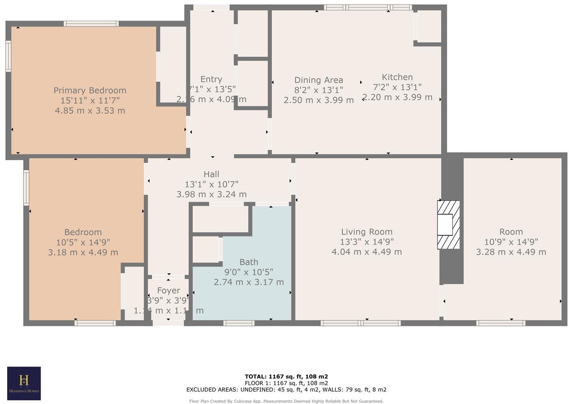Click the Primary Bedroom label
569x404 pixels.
pyautogui.click(x=90, y=90)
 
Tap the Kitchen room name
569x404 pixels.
pyautogui.click(x=397, y=77)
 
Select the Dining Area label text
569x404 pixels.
pyautogui.click(x=318, y=80)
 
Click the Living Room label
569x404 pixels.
pyautogui.click(x=366, y=232)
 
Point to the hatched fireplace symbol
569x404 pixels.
pyautogui.click(x=448, y=224)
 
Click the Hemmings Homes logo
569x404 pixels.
pyautogui.click(x=24, y=383)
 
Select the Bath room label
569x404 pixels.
pyautogui.click(x=249, y=262)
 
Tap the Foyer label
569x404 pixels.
pyautogui.click(x=169, y=291)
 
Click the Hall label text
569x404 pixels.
pyautogui.click(x=211, y=174)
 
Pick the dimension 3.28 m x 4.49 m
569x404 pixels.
pyautogui.click(x=511, y=252)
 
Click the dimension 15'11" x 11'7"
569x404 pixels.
pyautogui.click(x=90, y=100)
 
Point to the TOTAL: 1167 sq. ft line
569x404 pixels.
pyautogui.click(x=286, y=376)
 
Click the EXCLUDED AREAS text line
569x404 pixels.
pyautogui.click(x=286, y=389)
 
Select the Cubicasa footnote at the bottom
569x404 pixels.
pyautogui.click(x=286, y=401)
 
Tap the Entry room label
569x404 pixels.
pyautogui.click(x=211, y=79)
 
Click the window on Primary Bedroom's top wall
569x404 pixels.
pyautogui.click(x=91, y=24)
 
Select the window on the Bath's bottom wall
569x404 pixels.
pyautogui.click(x=239, y=323)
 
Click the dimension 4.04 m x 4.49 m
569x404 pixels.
pyautogui.click(x=366, y=252)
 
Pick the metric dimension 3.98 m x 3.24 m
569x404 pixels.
pyautogui.click(x=211, y=194)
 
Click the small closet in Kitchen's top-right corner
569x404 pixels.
pyautogui.click(x=429, y=26)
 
